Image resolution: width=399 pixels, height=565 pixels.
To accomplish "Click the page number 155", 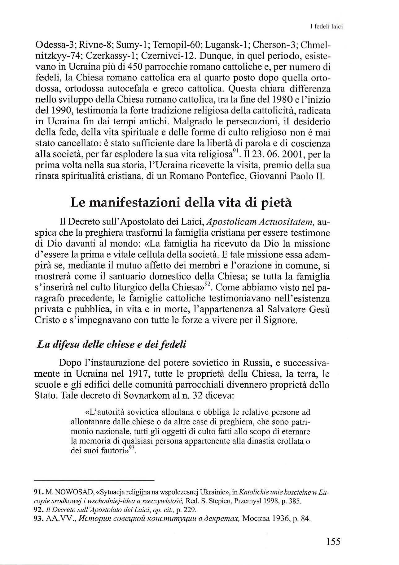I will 333,541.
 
